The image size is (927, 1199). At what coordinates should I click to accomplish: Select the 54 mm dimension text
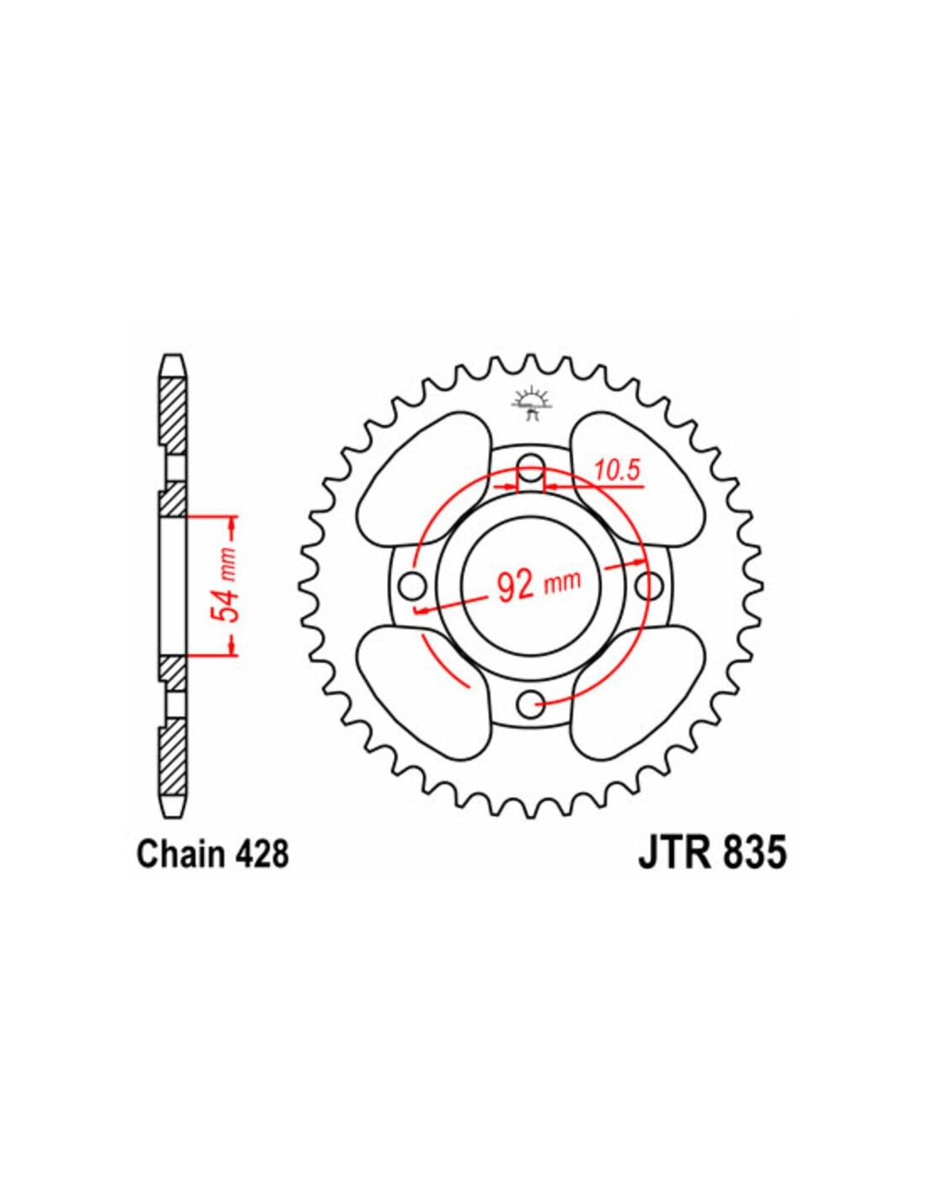(x=228, y=589)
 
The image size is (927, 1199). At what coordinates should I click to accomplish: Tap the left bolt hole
(x=414, y=585)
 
